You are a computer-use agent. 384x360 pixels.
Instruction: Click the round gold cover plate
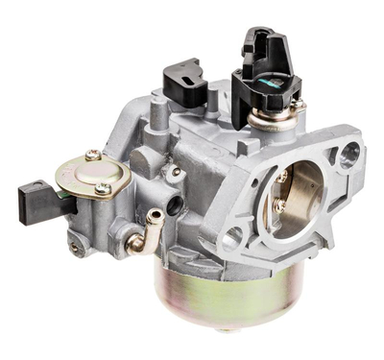pyautogui.click(x=92, y=173)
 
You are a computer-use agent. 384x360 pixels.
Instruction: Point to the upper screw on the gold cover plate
pyautogui.click(x=91, y=154)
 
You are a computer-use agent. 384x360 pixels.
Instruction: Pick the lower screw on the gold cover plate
pyautogui.click(x=102, y=190)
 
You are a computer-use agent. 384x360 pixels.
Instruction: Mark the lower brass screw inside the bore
pyautogui.click(x=277, y=204)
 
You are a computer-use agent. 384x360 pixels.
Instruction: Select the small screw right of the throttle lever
pyautogui.click(x=299, y=104)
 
